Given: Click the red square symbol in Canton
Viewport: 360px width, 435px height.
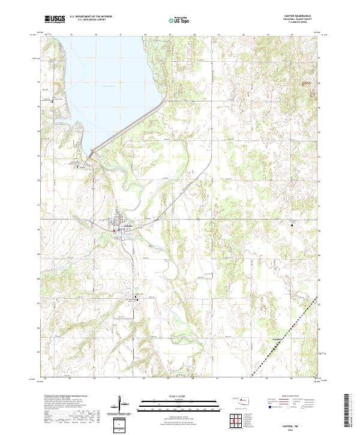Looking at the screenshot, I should coord(114,230).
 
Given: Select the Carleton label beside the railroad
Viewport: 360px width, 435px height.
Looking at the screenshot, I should coord(273,340).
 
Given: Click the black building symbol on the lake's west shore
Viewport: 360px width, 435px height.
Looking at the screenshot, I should coord(52,101).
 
